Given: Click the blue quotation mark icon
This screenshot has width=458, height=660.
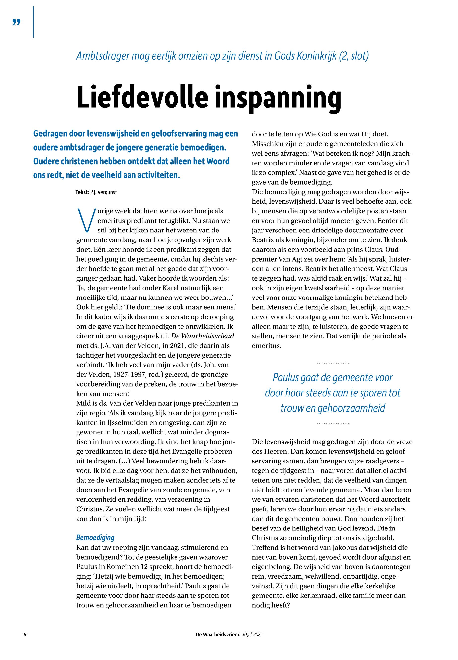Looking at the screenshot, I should (x=17, y=22).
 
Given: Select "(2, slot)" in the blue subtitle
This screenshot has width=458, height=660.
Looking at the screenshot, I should (x=353, y=56).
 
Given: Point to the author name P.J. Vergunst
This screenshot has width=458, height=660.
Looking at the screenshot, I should (x=104, y=192).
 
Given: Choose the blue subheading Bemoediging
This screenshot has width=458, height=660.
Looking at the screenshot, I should (x=95, y=537).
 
